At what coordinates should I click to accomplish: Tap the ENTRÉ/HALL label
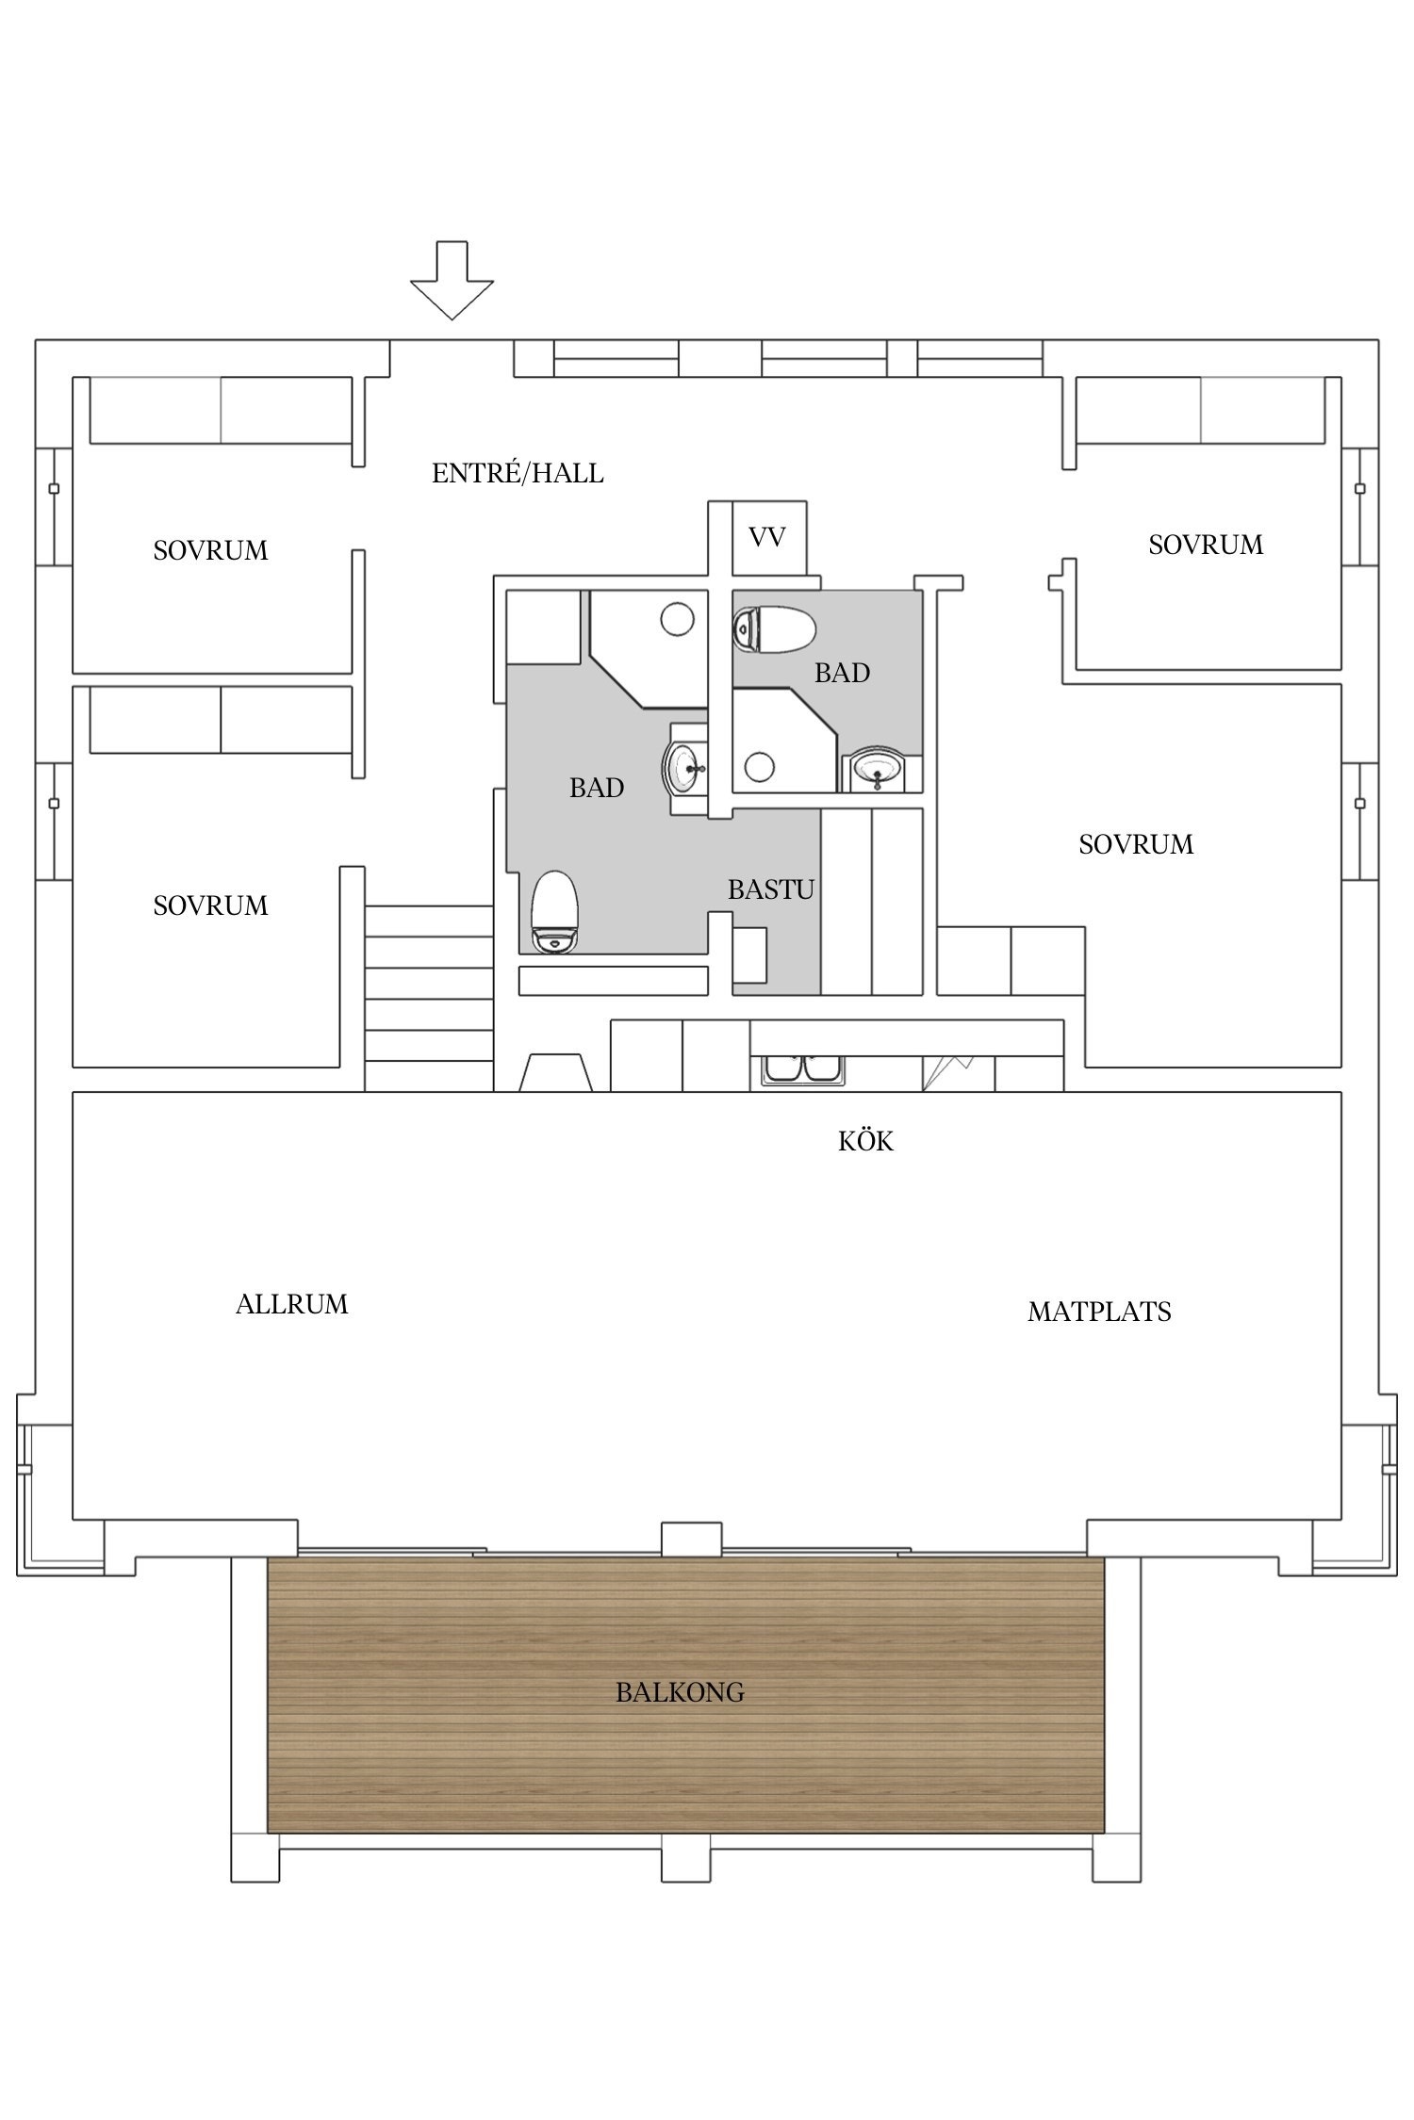[518, 473]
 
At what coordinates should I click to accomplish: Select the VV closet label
[767, 538]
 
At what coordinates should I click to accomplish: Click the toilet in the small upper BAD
[773, 629]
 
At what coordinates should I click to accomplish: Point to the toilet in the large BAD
[553, 912]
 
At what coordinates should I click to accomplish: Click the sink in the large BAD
[684, 768]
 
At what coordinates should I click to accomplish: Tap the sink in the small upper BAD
[879, 770]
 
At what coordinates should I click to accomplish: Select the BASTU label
[770, 889]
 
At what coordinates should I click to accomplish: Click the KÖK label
[865, 1142]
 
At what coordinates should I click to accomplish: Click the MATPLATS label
[1099, 1312]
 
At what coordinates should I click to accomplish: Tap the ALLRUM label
[291, 1304]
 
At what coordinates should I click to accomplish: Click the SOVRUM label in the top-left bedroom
[210, 550]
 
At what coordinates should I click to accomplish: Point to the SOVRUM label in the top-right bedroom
[1206, 545]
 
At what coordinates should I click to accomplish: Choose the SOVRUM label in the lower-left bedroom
[210, 905]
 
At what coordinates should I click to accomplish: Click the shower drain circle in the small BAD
[758, 767]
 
